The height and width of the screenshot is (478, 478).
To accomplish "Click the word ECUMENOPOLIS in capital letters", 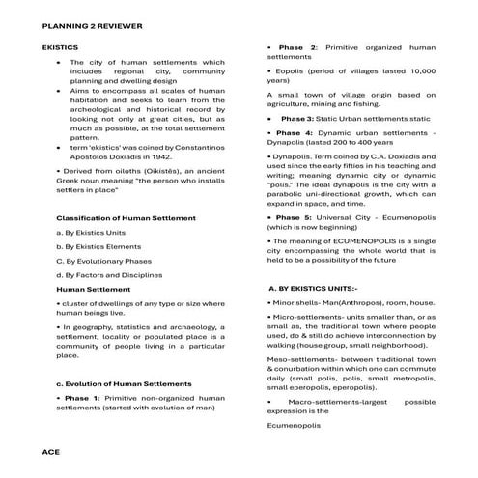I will pyautogui.click(x=355, y=241).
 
